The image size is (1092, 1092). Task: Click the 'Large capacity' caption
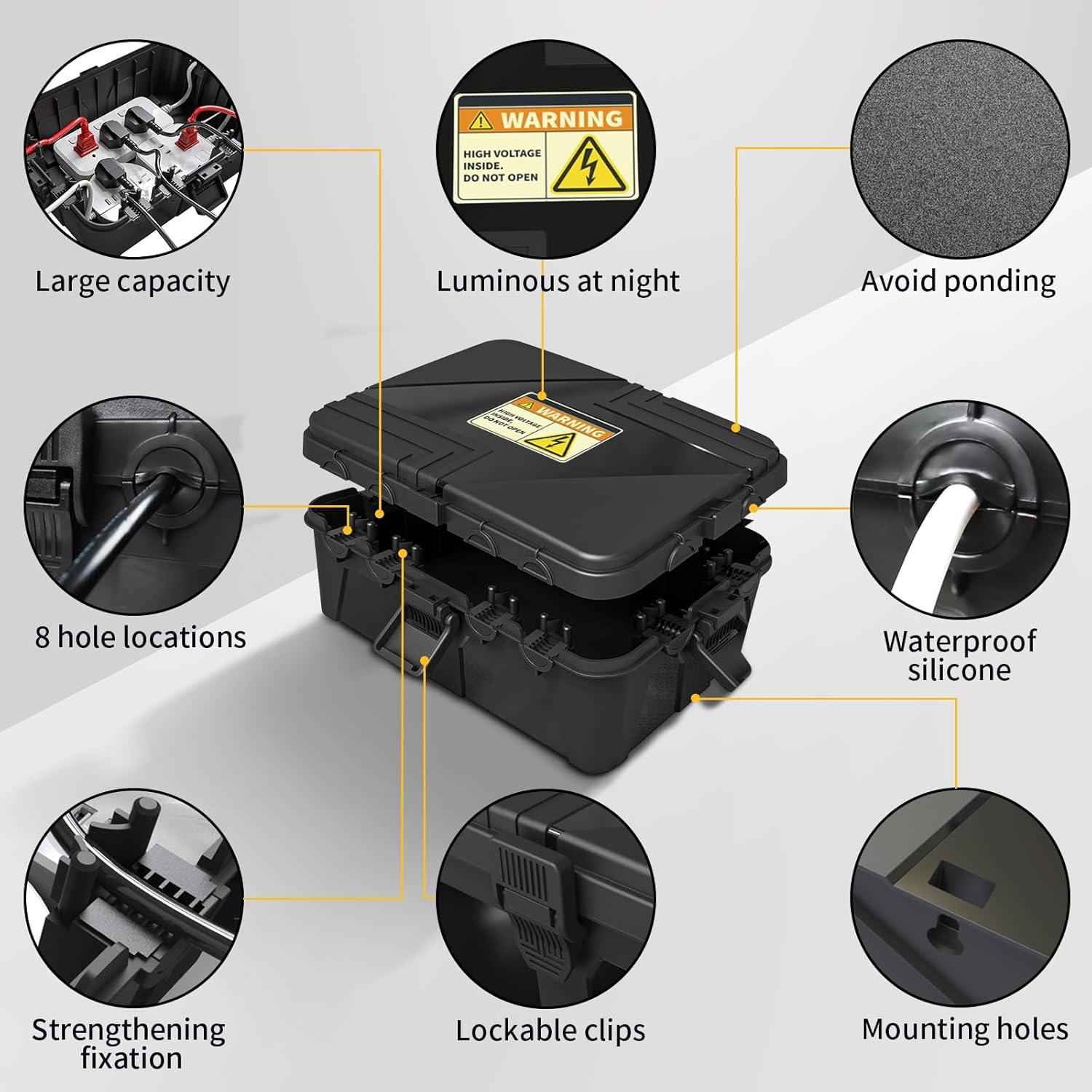132,282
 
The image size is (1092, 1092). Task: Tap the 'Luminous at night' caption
558,282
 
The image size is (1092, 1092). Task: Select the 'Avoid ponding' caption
958,282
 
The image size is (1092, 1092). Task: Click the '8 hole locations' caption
141,638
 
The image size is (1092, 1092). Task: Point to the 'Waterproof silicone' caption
959,655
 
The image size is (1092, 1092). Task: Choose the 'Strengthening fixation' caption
129,1043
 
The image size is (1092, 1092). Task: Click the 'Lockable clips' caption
550,1031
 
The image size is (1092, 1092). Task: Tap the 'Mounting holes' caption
965,1029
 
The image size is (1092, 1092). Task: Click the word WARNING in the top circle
561,119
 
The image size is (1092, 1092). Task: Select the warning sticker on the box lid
545,427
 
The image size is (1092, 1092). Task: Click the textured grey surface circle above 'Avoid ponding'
960,149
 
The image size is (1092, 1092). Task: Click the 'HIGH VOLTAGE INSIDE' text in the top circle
502,165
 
